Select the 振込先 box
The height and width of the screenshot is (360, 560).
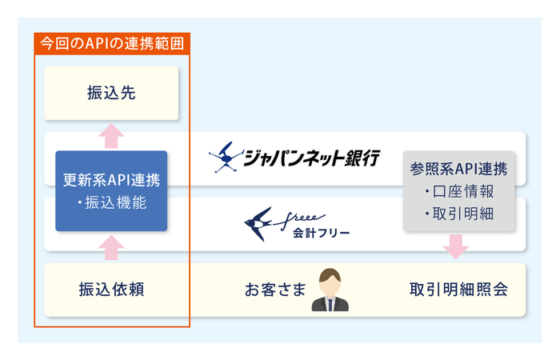click(x=111, y=94)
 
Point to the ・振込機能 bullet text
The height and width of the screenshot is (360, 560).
click(x=111, y=203)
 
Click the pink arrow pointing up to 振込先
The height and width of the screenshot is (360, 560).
click(x=111, y=135)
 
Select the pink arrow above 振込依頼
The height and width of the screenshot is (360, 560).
click(x=111, y=247)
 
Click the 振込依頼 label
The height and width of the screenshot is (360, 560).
click(x=111, y=290)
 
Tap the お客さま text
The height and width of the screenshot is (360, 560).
click(x=276, y=290)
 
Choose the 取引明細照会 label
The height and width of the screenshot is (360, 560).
click(x=457, y=290)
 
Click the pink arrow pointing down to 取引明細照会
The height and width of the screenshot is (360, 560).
click(x=455, y=246)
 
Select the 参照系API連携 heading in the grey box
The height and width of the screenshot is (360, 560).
click(x=457, y=170)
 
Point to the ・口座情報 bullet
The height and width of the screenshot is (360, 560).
click(x=457, y=193)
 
